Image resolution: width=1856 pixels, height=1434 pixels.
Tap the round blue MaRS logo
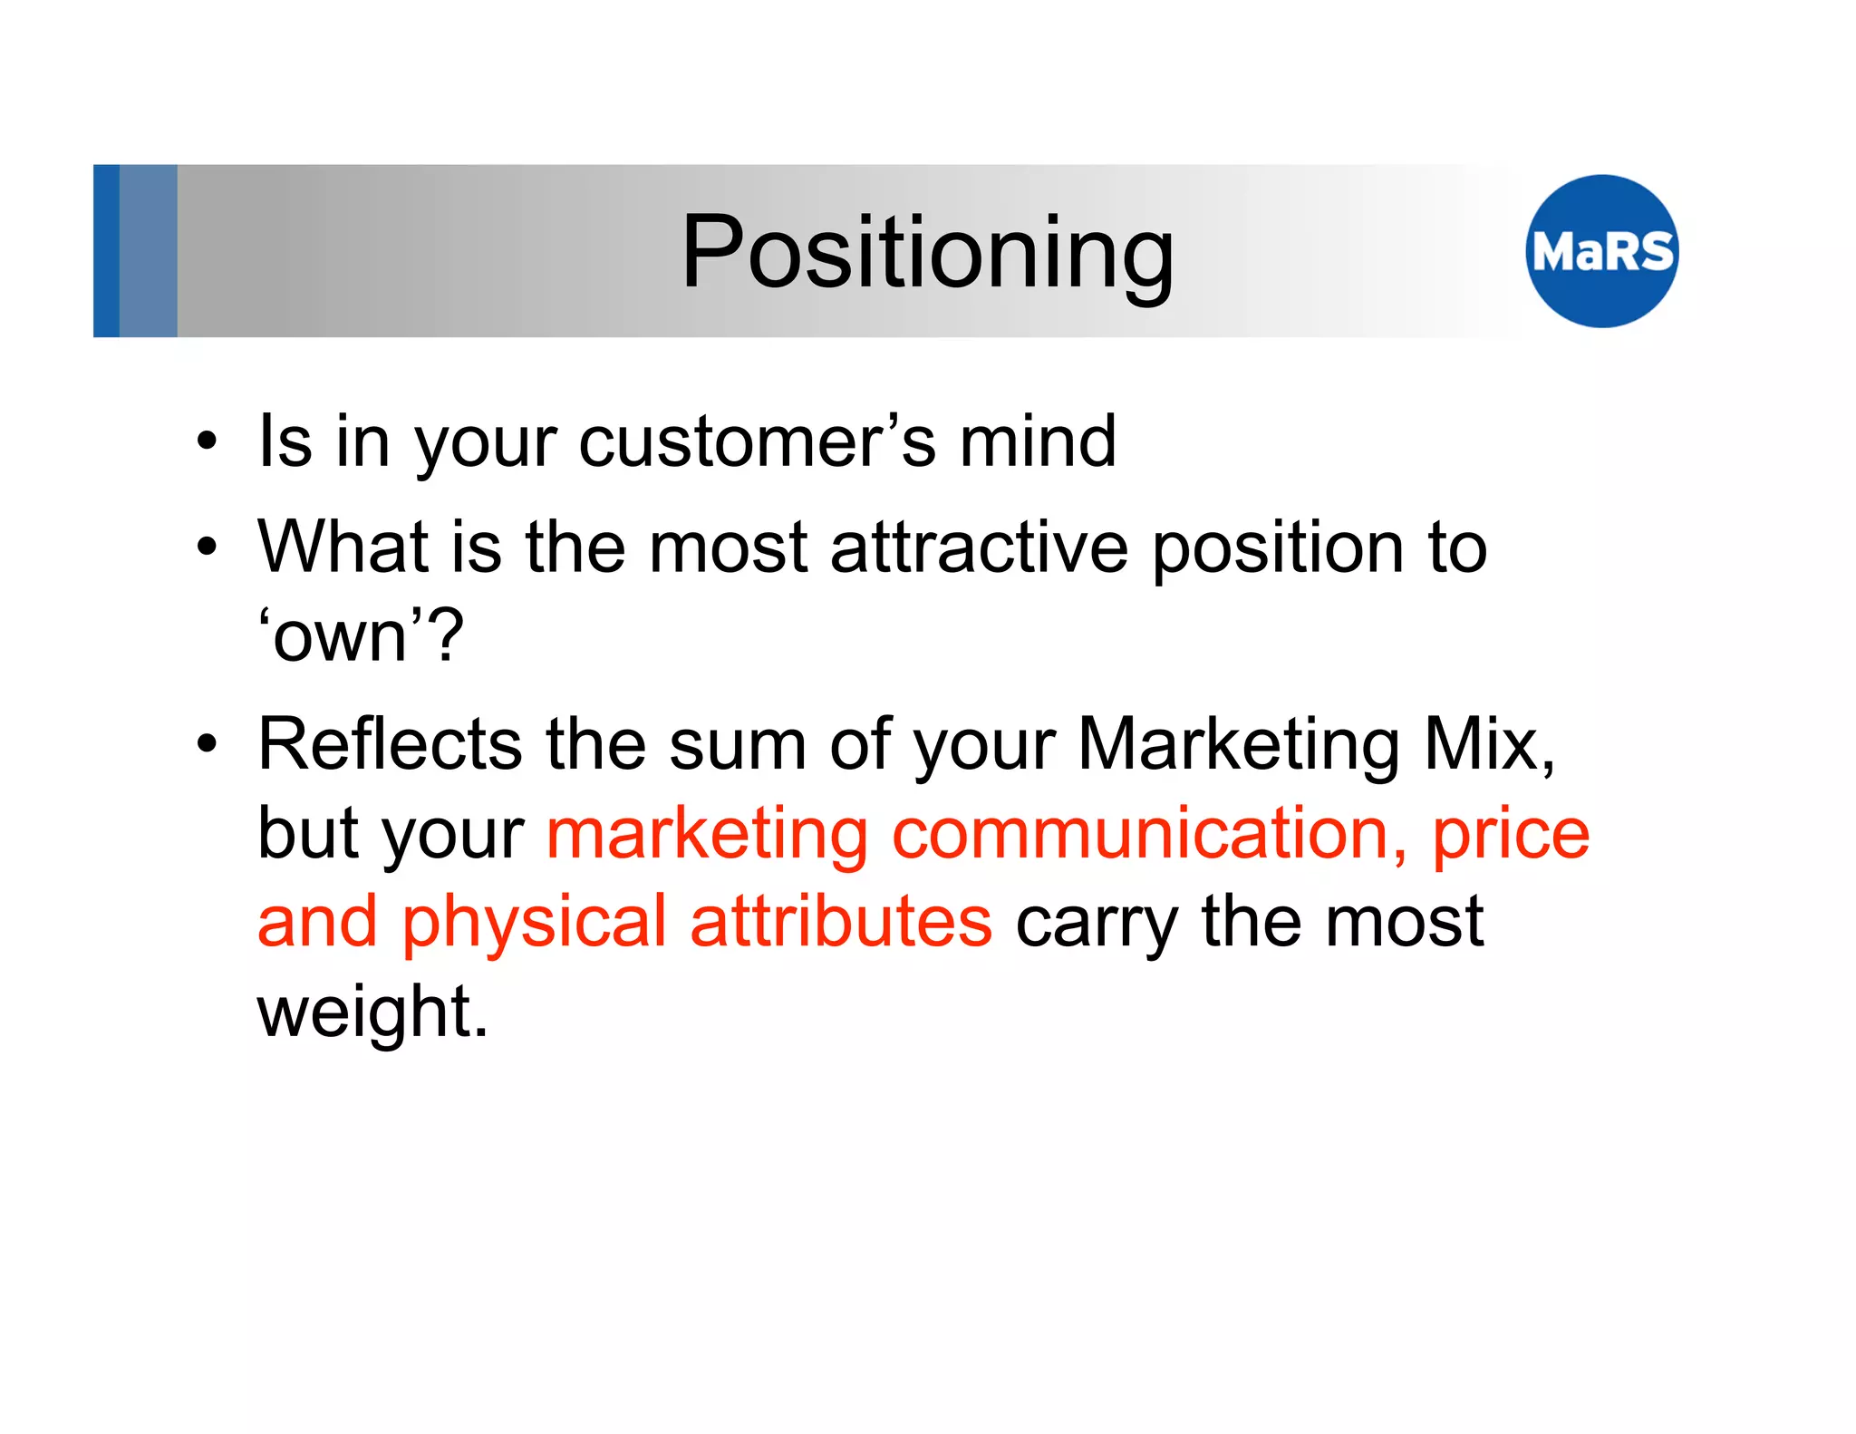(x=1601, y=251)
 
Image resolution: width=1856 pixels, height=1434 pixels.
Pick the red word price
(x=1510, y=834)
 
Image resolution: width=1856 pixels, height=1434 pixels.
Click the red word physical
(x=535, y=923)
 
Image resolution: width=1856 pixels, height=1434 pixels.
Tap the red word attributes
(x=840, y=923)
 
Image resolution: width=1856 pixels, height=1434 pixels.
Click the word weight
(x=372, y=1012)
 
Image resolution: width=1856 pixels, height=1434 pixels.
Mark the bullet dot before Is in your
(x=208, y=442)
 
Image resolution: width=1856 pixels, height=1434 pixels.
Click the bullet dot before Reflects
(x=208, y=744)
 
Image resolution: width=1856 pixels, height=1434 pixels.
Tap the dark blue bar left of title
(x=106, y=251)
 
